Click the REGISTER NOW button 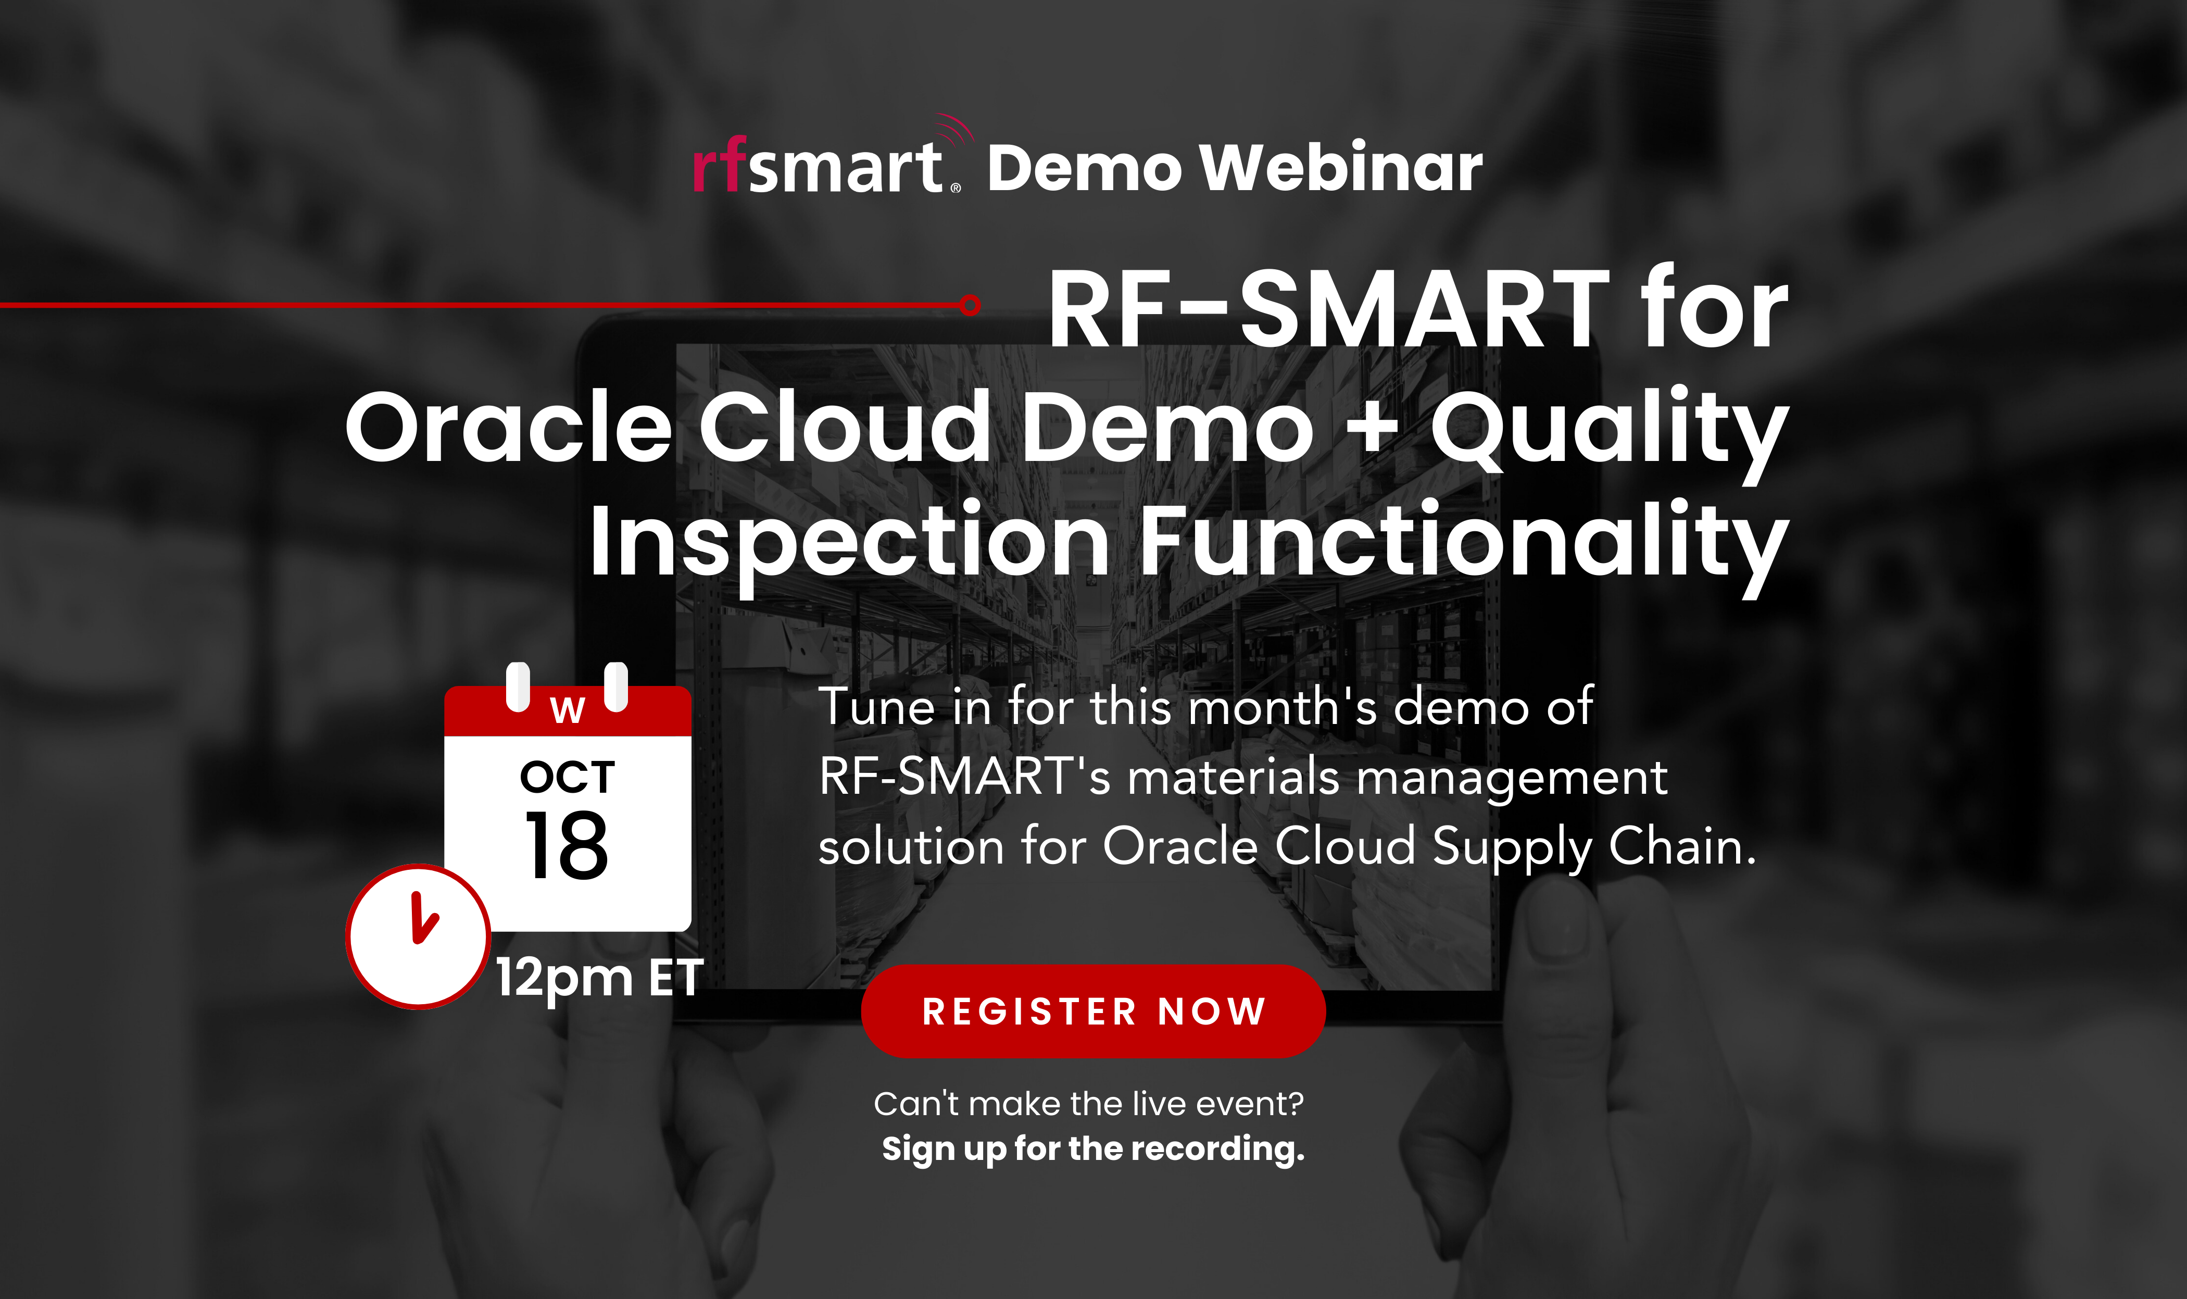pyautogui.click(x=1093, y=1011)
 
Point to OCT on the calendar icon pyautogui.click(x=567, y=777)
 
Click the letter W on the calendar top pyautogui.click(x=567, y=710)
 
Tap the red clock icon pyautogui.click(x=418, y=936)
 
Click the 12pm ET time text pyautogui.click(x=599, y=977)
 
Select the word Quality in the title pyautogui.click(x=1608, y=429)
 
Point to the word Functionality pyautogui.click(x=1463, y=543)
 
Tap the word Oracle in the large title pyautogui.click(x=508, y=429)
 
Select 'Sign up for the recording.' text pyautogui.click(x=1093, y=1148)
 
